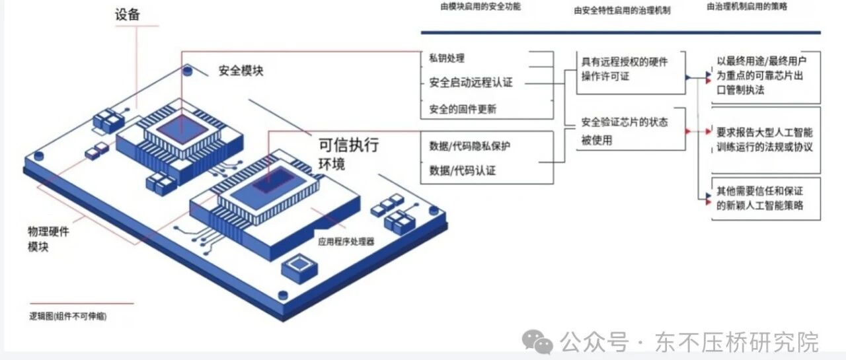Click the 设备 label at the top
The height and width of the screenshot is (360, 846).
(128, 15)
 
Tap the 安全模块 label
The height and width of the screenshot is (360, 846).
(241, 70)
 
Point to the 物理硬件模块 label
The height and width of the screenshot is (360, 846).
(48, 238)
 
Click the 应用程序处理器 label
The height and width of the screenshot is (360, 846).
(346, 242)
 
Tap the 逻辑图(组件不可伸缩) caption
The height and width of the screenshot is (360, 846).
(68, 316)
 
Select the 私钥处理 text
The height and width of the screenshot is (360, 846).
(447, 58)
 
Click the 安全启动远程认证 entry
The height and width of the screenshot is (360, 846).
(471, 83)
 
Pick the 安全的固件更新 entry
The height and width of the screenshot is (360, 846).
(463, 109)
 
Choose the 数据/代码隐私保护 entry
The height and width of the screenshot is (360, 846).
(470, 146)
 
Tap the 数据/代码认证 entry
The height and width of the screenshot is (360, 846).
(463, 170)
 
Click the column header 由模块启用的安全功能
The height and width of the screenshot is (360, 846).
(481, 7)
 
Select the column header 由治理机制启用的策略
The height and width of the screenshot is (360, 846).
(747, 7)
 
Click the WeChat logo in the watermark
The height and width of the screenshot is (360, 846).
(537, 342)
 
